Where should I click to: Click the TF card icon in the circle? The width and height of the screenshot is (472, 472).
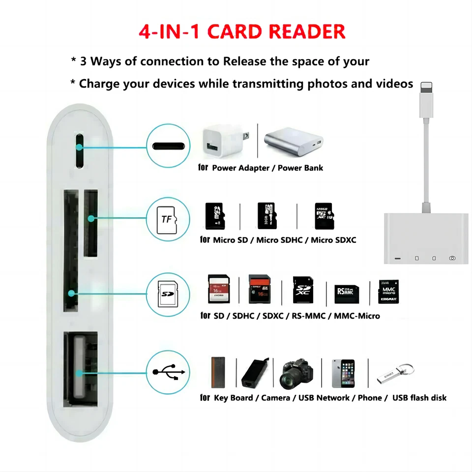coord(168,219)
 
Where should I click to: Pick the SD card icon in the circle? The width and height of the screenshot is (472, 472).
coord(168,294)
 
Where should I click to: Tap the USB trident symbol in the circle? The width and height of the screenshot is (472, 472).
coord(168,372)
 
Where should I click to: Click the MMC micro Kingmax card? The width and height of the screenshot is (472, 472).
coord(388,291)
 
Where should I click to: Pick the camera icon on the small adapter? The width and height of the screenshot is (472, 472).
coord(452,258)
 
